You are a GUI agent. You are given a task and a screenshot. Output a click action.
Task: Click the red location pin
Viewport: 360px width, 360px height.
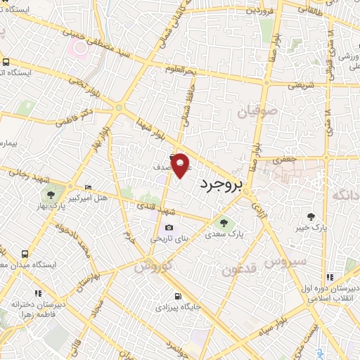[x=181, y=165]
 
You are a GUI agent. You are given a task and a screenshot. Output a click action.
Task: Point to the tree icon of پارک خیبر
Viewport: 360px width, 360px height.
[x=312, y=215]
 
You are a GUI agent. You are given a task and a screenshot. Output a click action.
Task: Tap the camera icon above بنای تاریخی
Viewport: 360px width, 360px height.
[x=169, y=227]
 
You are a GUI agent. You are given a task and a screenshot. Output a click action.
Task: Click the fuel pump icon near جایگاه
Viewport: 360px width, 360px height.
[x=178, y=295]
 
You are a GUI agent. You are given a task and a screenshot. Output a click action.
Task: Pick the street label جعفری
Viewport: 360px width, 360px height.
[x=283, y=160]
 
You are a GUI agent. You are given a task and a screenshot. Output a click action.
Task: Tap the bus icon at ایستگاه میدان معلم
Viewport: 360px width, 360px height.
[x=25, y=254]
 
